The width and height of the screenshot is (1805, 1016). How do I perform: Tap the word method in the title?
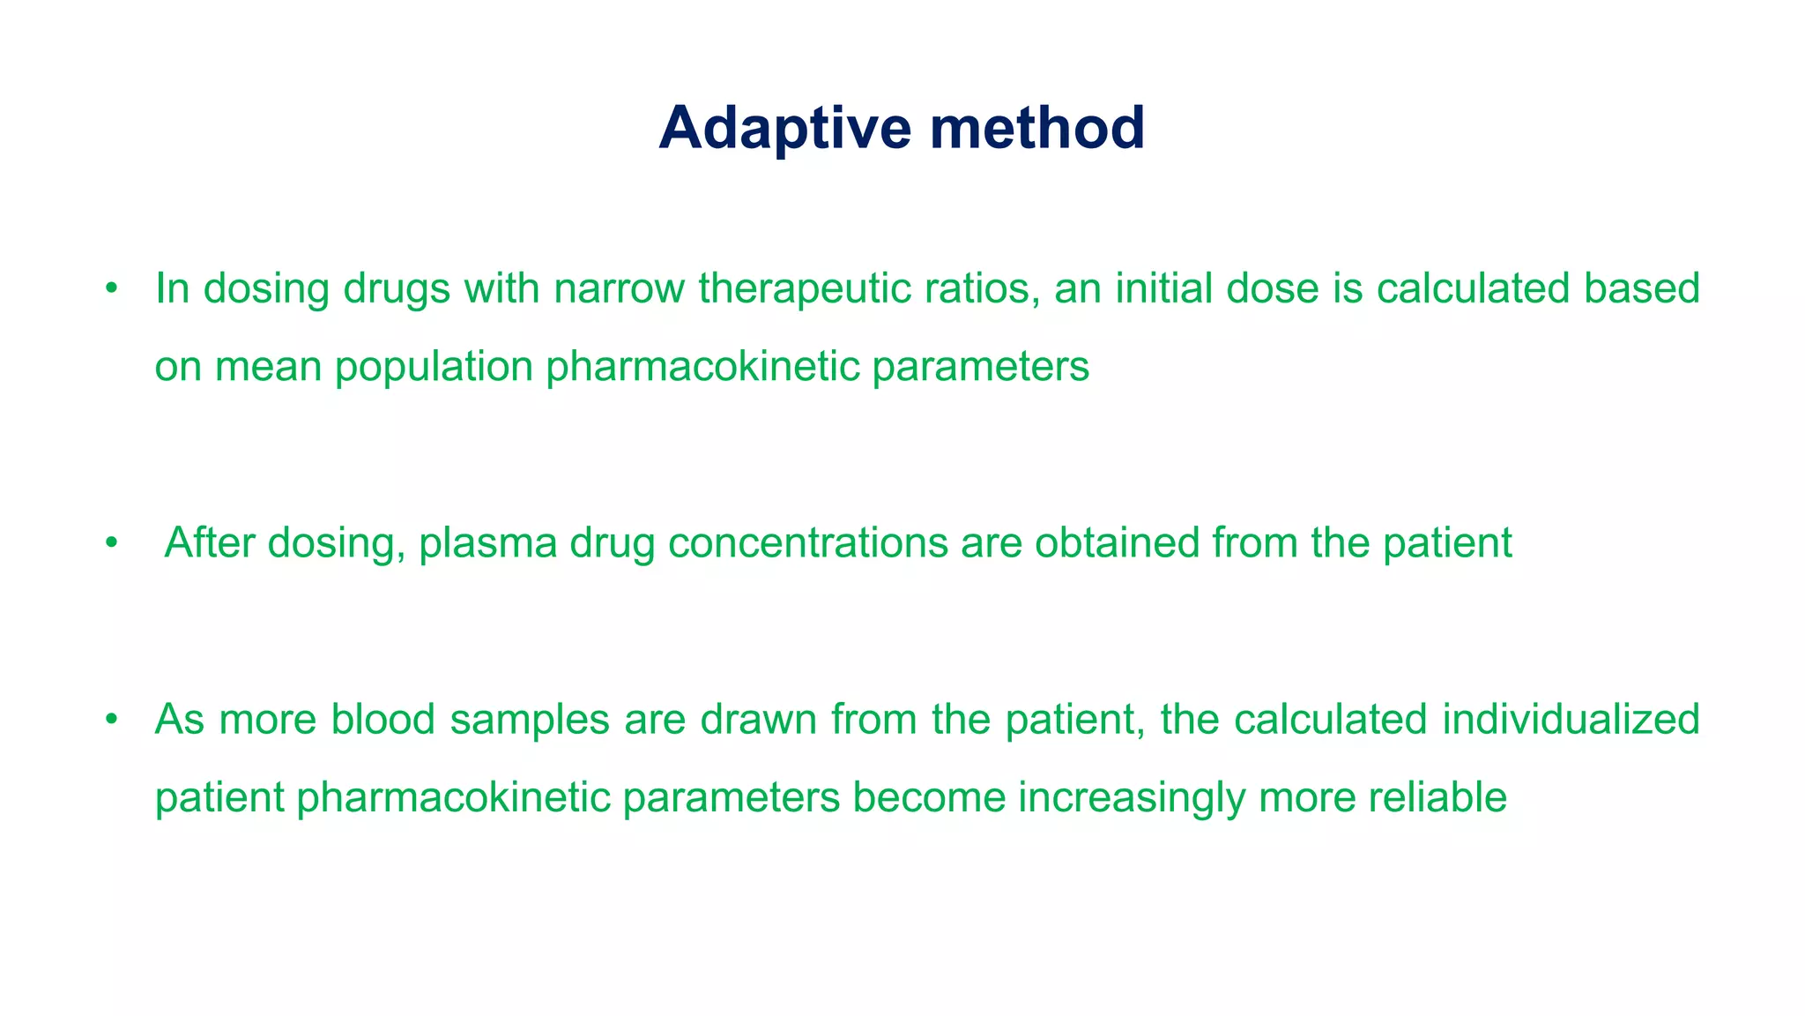coord(1037,129)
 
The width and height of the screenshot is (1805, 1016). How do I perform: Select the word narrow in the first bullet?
coord(619,288)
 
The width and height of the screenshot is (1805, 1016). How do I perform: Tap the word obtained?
coord(1117,542)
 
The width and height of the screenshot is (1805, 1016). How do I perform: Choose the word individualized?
coord(1571,719)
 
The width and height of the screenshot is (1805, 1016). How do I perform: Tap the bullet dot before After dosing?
coord(110,543)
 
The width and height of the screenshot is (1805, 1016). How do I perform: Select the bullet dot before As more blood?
coord(110,720)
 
